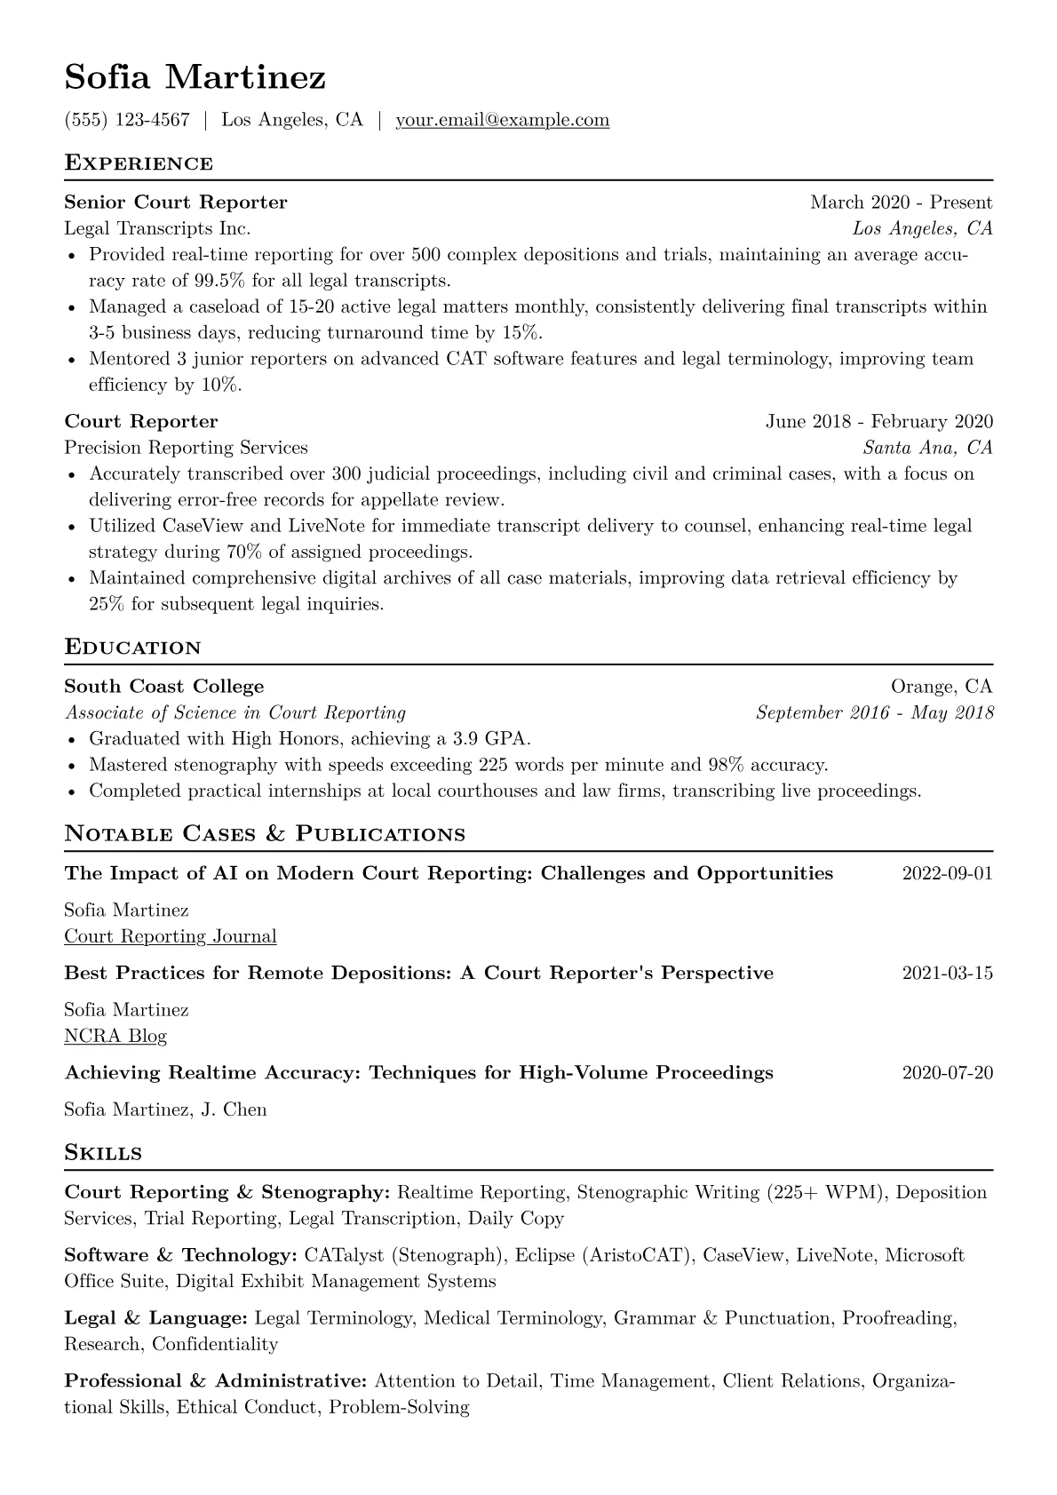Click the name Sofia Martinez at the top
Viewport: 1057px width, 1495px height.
coord(195,77)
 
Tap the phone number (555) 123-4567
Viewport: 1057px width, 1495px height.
coord(127,120)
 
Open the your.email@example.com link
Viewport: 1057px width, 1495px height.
coord(502,120)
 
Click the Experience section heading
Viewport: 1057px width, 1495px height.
coord(139,163)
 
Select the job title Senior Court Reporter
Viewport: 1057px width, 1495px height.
coord(176,203)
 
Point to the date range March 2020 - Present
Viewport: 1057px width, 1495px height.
coord(901,203)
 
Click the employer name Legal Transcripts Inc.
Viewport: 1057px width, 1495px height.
coord(157,228)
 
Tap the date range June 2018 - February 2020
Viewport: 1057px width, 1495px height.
coord(879,421)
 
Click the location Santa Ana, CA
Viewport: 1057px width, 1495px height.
coord(927,448)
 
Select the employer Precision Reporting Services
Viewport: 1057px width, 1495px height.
coord(186,448)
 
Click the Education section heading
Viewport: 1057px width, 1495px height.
coord(133,648)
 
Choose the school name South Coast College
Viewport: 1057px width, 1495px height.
coord(164,687)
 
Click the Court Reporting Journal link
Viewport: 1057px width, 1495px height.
coord(171,936)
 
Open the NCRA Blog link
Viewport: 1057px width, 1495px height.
coord(115,1036)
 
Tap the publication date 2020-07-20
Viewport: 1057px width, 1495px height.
coord(947,1073)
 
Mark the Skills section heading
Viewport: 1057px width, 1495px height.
coord(103,1153)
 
